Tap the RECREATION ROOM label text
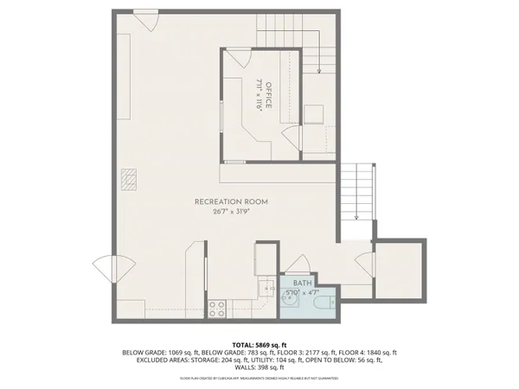pyautogui.click(x=231, y=201)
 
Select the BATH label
pyautogui.click(x=302, y=284)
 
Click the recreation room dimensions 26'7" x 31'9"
pyautogui.click(x=231, y=212)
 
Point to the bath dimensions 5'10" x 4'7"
pyautogui.click(x=302, y=293)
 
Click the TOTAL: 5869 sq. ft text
pyautogui.click(x=259, y=344)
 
